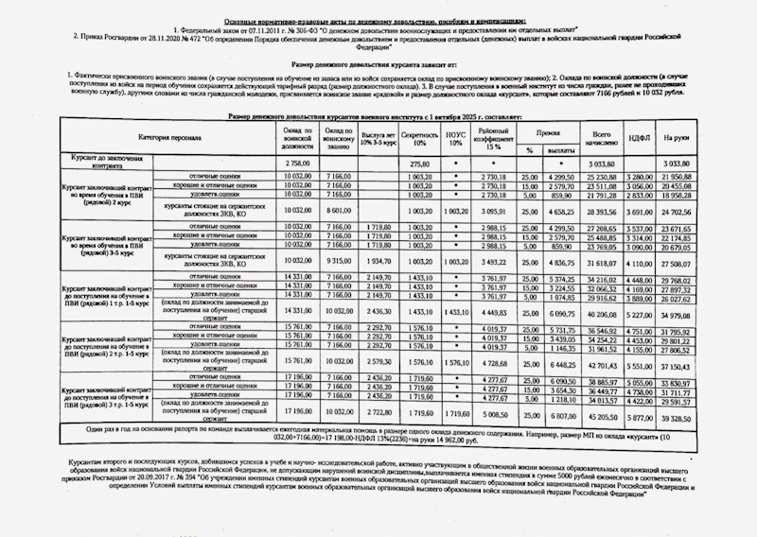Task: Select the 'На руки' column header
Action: click(674, 138)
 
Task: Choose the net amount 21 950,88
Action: click(674, 176)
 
